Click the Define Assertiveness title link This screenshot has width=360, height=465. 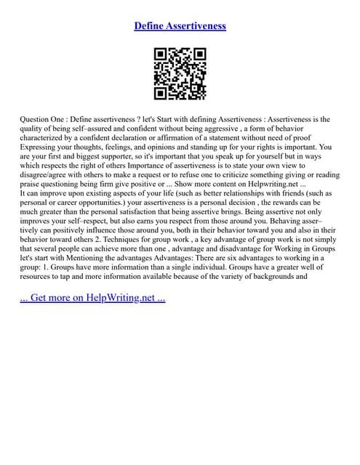tap(180, 26)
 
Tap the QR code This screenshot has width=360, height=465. tap(180, 73)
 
